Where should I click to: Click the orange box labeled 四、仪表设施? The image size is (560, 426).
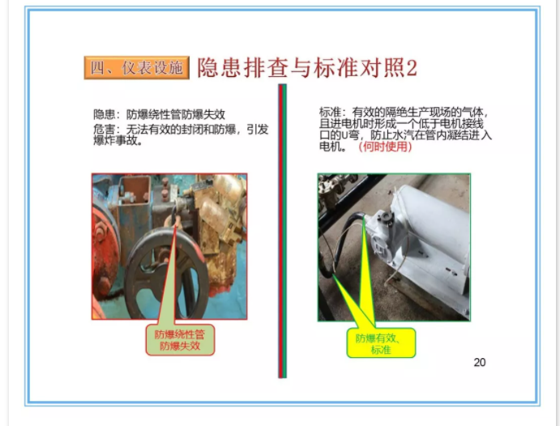coord(136,67)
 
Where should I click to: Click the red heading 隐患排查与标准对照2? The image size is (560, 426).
coord(307,67)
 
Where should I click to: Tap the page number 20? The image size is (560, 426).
coord(479,362)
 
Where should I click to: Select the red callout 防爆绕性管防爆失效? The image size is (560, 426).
coord(180,340)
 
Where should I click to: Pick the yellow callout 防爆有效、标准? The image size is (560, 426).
coord(381,343)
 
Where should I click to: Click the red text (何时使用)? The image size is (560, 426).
coord(385,147)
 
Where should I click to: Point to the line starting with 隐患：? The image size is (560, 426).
coord(159,114)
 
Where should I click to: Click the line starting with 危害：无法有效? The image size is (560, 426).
coord(181,129)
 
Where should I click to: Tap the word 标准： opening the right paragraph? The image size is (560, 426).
coord(332,112)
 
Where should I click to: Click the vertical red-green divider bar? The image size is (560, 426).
coord(282,231)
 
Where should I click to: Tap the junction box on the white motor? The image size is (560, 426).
coord(383,236)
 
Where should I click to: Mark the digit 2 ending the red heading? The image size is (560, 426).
coord(412,68)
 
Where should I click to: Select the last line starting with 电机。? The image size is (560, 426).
coord(365,147)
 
